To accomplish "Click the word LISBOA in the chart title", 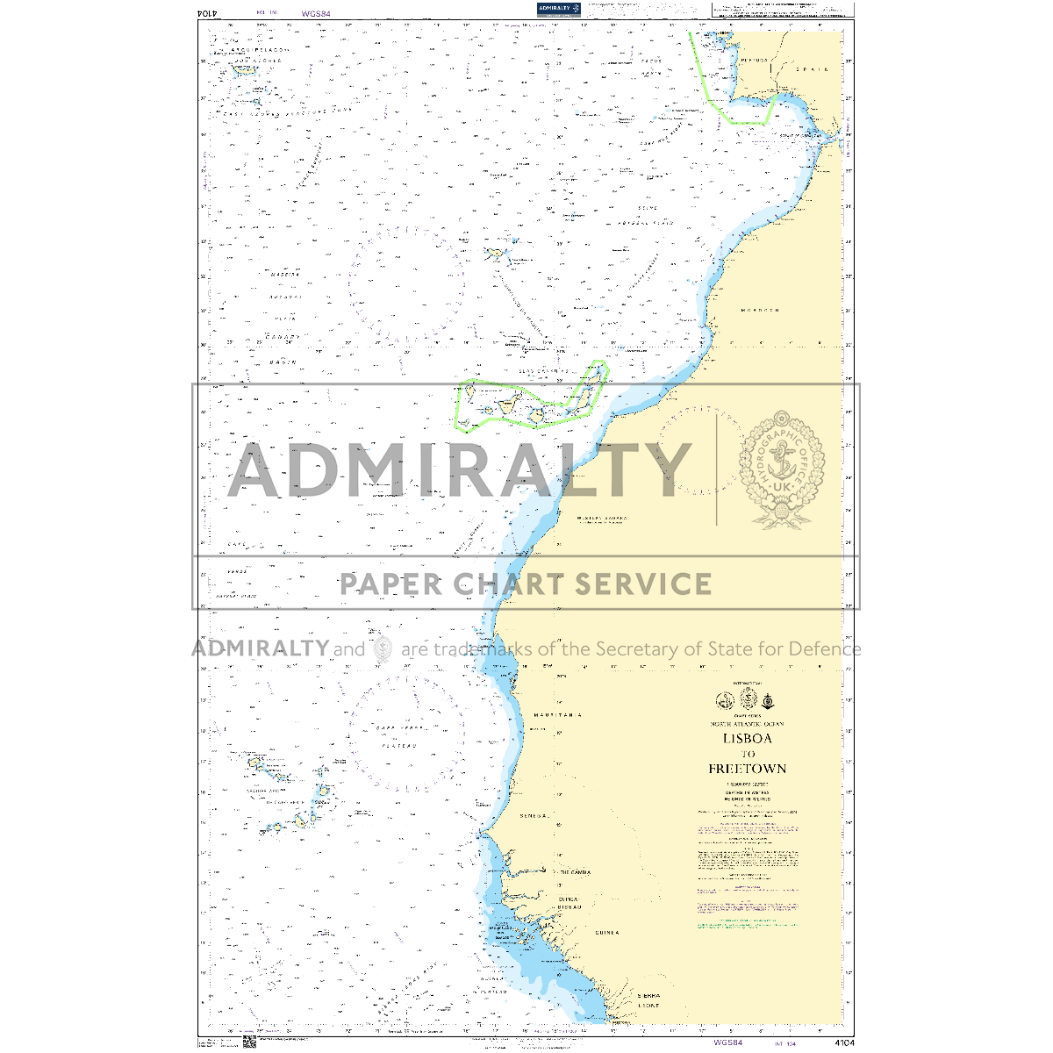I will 748,739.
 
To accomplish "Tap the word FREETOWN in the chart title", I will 748,769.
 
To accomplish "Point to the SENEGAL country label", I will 534,816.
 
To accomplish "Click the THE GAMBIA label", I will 575,872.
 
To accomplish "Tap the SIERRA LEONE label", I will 649,1000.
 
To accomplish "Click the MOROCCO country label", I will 760,311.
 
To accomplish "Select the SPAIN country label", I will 812,68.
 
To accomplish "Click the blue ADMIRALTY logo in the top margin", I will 560,9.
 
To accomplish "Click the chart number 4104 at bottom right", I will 844,1042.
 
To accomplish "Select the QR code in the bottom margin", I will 249,1042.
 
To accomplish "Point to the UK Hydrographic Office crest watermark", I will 781,469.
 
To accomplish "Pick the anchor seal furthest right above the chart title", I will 769,700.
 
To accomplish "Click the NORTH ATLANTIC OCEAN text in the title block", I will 748,724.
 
